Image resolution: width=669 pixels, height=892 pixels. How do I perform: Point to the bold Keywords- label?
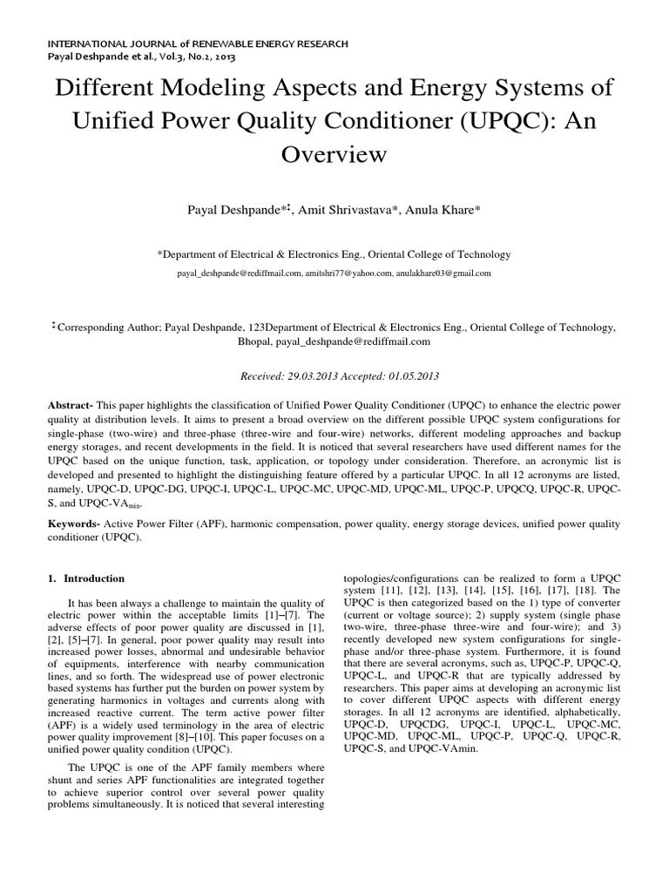click(75, 525)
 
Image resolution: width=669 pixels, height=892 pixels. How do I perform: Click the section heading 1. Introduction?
click(86, 578)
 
